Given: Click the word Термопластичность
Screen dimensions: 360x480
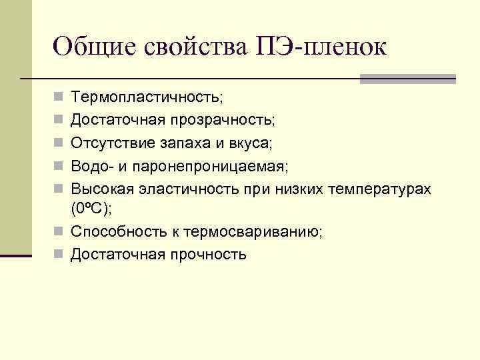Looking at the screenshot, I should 147,98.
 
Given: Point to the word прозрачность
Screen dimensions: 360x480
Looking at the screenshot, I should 223,121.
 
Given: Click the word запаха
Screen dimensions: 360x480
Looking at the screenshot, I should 185,143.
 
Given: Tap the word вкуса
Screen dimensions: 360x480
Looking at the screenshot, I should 252,143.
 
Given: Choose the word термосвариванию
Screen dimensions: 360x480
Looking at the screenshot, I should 257,231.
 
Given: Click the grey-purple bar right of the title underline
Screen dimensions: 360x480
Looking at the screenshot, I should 407,79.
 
